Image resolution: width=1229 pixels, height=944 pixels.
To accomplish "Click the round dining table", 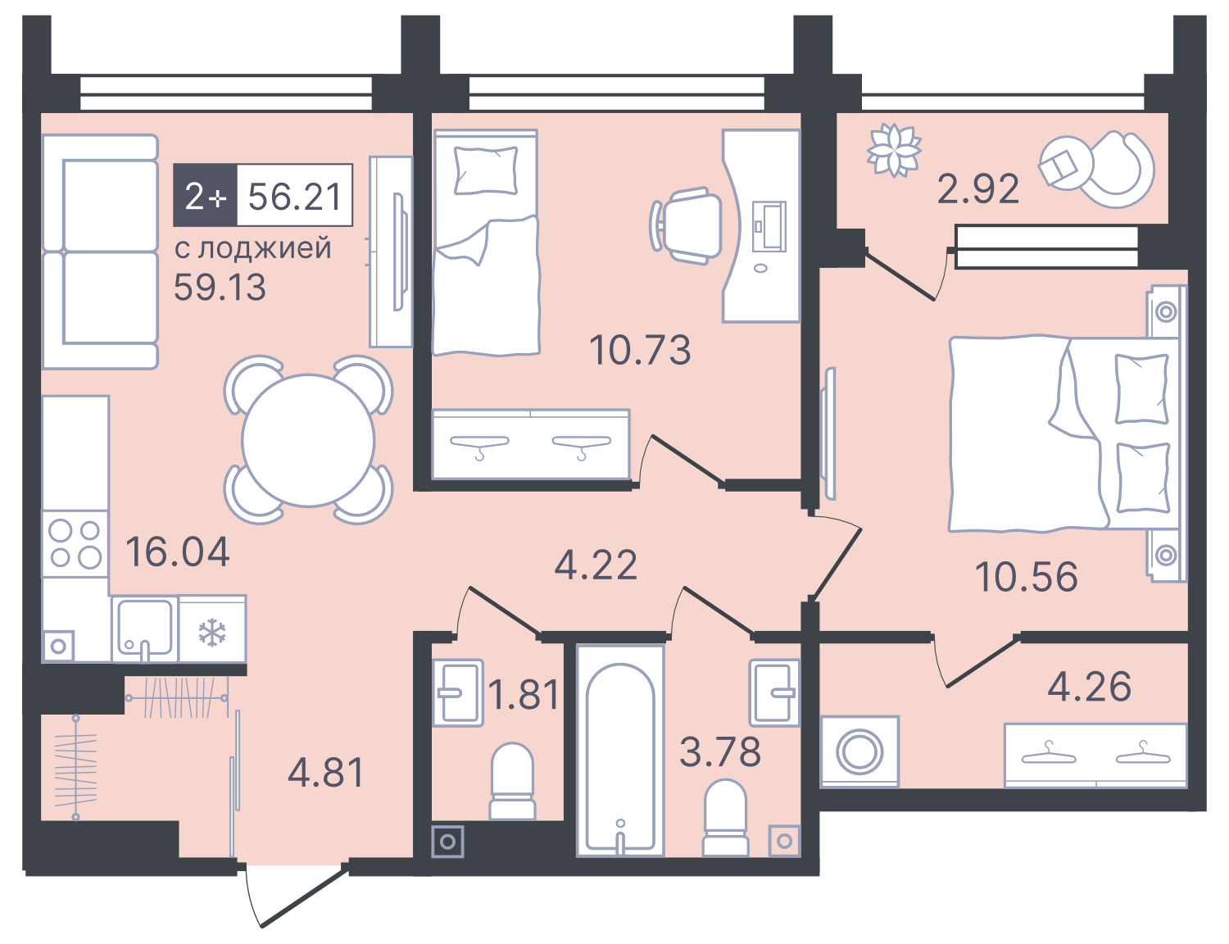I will click(308, 440).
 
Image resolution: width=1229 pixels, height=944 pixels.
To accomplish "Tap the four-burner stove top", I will click(75, 544).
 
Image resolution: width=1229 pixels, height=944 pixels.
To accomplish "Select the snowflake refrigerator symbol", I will click(212, 631).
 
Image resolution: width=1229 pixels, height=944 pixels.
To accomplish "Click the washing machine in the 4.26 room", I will click(859, 751).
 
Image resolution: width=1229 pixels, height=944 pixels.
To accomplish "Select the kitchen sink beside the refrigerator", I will click(144, 629).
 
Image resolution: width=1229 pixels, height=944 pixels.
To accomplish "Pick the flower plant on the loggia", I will click(894, 149).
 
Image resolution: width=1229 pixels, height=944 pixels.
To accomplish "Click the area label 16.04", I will click(178, 552).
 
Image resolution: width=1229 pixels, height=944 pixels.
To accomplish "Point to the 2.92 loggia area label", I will click(978, 189).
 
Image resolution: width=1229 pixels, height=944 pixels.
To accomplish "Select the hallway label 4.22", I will click(596, 565).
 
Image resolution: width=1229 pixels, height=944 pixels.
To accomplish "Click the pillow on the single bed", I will click(486, 170).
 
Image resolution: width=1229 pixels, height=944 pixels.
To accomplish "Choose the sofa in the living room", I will click(100, 252).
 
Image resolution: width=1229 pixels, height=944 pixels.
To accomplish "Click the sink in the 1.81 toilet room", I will click(457, 692).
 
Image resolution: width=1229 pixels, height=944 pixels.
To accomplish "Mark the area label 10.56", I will click(1026, 577).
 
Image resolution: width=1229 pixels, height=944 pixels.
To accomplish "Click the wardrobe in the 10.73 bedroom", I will click(531, 443).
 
